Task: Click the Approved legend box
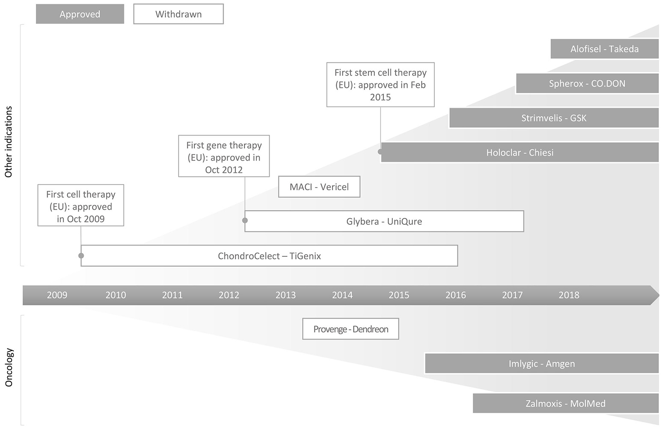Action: coord(80,14)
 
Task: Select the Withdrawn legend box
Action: coord(178,14)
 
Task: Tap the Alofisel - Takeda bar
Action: coord(604,49)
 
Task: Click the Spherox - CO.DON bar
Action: coord(587,84)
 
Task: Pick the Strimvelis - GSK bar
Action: coord(554,118)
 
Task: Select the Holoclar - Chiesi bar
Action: coord(520,153)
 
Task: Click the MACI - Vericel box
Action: coord(319,187)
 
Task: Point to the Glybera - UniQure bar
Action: coord(384,221)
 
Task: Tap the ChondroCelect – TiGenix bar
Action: coord(269,256)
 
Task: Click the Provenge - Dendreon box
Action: coord(350,329)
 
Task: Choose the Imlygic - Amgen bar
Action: coord(541,364)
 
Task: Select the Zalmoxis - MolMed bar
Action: coord(565,403)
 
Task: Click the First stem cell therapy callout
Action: coord(380,85)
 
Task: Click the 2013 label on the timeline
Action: coord(285,295)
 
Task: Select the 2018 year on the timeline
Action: coord(569,295)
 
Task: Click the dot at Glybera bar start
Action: coord(245,220)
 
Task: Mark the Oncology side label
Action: coord(9,367)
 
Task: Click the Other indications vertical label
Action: coord(9,142)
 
